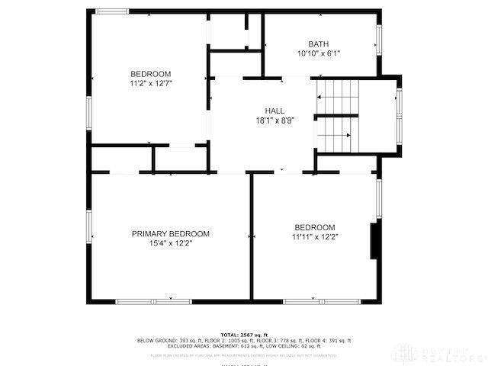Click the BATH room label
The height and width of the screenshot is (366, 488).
[x=319, y=43]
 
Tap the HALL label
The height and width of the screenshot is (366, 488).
[x=274, y=111]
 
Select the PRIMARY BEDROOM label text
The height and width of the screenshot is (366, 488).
[x=170, y=234]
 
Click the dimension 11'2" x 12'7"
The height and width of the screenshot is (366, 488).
[x=149, y=83]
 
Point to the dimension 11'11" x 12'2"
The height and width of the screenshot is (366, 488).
[x=315, y=237]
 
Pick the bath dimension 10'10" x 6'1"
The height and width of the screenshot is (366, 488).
[x=319, y=53]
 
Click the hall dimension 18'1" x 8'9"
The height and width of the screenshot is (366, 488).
[x=274, y=120]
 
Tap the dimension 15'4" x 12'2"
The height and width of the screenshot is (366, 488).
[x=170, y=244]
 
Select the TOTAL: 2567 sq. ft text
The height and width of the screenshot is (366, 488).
[x=244, y=335]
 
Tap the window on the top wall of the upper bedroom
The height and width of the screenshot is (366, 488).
[x=112, y=11]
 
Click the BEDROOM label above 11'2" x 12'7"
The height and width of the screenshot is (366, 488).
[x=149, y=73]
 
